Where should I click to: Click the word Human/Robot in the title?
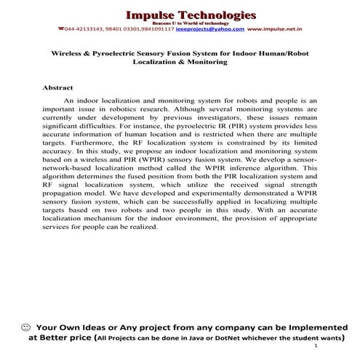click(281, 54)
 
